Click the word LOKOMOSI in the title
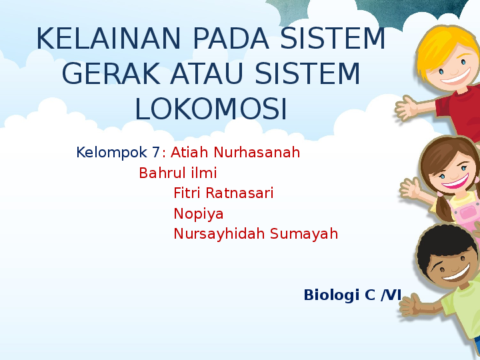[x=211, y=109]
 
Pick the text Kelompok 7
[x=118, y=153]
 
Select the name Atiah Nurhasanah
[x=235, y=153]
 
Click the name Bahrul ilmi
[x=178, y=173]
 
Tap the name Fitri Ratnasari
[x=223, y=193]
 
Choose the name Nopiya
[x=199, y=214]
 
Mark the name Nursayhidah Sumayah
[x=255, y=234]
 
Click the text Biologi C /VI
[x=352, y=295]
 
